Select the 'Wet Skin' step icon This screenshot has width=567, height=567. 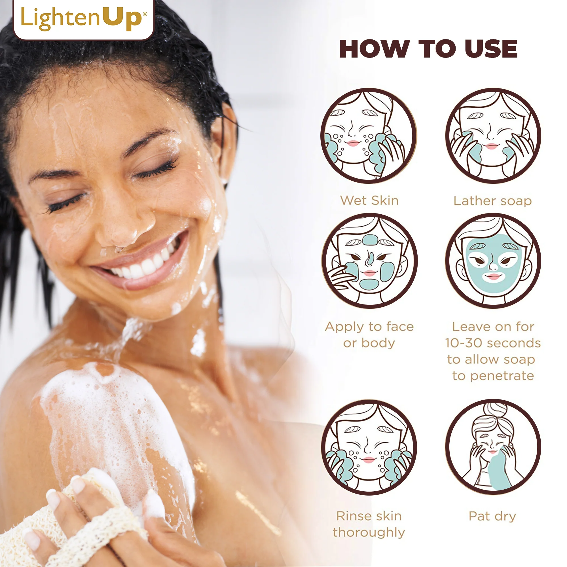pos(369,136)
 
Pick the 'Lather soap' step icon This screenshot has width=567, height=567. pos(493,136)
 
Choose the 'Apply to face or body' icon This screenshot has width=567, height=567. pos(369,261)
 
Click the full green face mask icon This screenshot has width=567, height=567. pos(493,261)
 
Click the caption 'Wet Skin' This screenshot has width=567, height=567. pos(369,201)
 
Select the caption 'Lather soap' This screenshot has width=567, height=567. pos(492,201)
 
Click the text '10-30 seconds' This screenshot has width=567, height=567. pos(493,343)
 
